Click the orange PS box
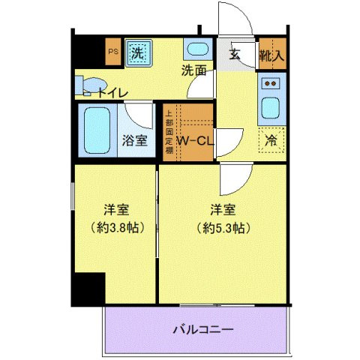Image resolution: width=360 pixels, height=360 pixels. [113, 52]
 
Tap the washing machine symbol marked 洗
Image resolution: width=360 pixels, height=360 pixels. [137, 52]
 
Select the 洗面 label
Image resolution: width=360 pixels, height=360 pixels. [193, 71]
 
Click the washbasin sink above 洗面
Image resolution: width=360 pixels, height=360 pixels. [197, 52]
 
